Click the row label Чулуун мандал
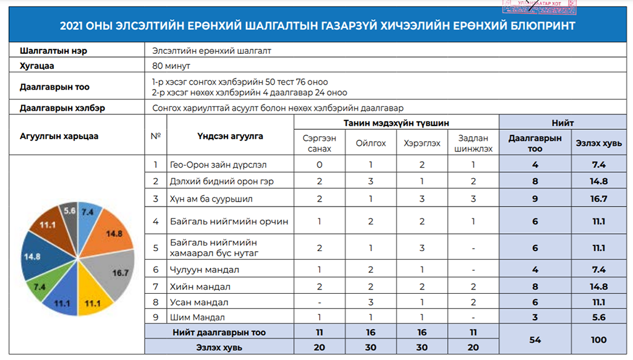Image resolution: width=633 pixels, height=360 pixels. [x=205, y=270]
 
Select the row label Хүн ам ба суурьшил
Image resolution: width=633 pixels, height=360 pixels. [x=211, y=199]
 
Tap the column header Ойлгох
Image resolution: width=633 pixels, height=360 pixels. [x=370, y=143]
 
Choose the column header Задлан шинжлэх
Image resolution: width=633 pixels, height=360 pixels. [x=473, y=143]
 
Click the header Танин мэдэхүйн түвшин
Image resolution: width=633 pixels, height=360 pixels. [x=396, y=123]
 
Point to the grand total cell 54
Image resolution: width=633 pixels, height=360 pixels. [x=535, y=340]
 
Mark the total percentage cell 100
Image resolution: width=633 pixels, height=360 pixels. [x=598, y=340]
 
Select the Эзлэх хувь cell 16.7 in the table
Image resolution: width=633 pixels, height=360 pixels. [x=598, y=199]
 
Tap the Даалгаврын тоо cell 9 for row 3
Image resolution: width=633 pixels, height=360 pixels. [x=535, y=199]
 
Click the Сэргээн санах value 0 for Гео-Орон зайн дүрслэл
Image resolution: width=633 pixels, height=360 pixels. [x=319, y=165]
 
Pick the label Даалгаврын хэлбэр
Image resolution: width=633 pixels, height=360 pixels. [x=62, y=108]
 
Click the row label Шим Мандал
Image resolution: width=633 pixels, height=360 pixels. [x=197, y=318]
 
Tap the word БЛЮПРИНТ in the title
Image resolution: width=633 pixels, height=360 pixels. [x=542, y=26]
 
